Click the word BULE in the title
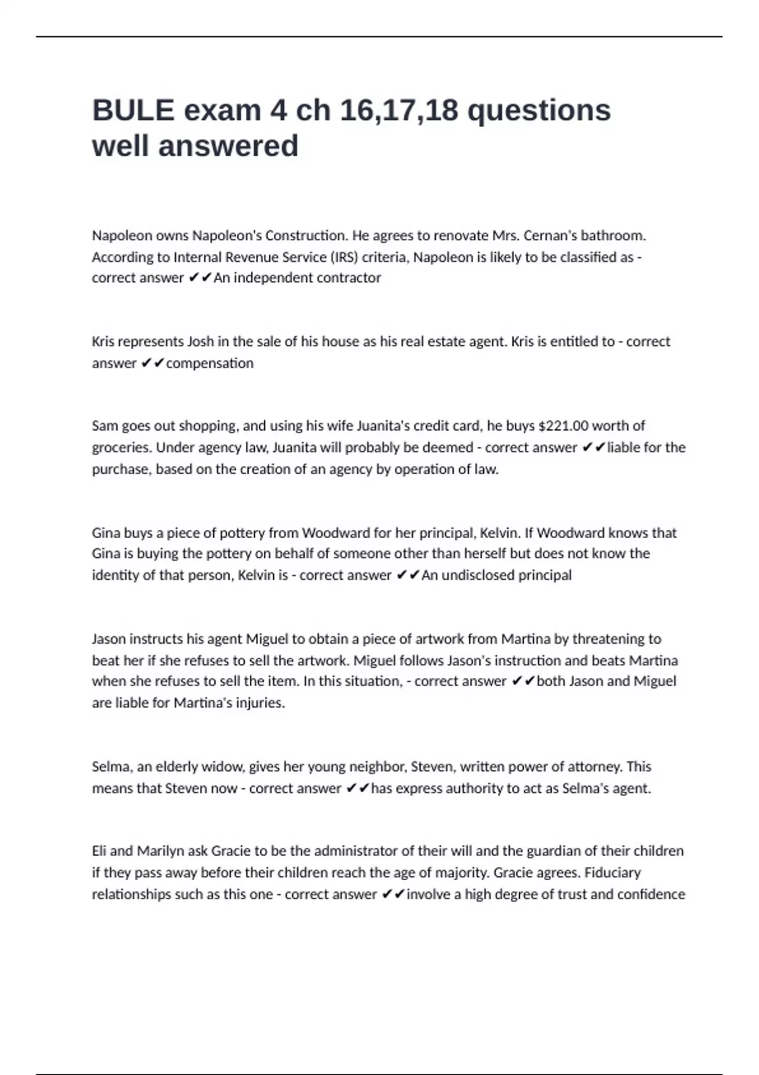(133, 111)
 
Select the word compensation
(209, 364)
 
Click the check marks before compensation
(152, 364)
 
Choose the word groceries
(121, 448)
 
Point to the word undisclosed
(479, 575)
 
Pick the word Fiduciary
(612, 873)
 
